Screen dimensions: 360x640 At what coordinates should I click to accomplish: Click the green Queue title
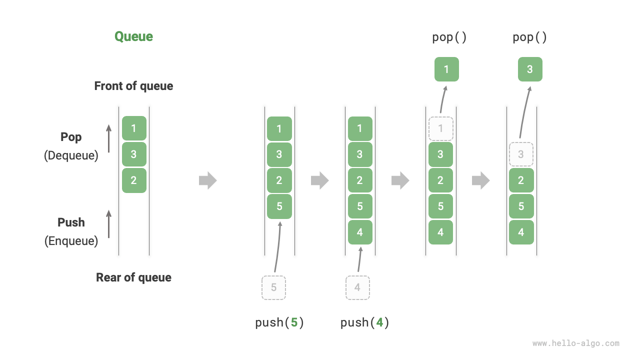pyautogui.click(x=133, y=36)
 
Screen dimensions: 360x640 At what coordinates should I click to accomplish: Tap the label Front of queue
pyautogui.click(x=133, y=86)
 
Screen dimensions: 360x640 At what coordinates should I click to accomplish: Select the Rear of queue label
pyautogui.click(x=133, y=277)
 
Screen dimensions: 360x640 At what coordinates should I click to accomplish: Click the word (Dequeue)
pyautogui.click(x=71, y=155)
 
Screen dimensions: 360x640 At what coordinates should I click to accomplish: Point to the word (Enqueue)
pyautogui.click(x=71, y=241)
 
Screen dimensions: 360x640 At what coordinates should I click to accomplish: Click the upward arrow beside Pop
pyautogui.click(x=108, y=138)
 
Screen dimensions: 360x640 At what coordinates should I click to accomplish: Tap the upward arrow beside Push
pyautogui.click(x=108, y=223)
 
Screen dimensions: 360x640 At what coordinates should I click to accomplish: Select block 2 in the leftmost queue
pyautogui.click(x=134, y=180)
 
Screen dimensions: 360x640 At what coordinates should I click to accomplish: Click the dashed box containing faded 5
pyautogui.click(x=273, y=287)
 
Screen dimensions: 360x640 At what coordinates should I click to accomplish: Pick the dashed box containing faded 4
pyautogui.click(x=357, y=287)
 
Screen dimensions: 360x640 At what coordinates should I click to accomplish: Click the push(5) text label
pyautogui.click(x=279, y=322)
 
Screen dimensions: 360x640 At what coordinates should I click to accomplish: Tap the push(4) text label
pyautogui.click(x=364, y=322)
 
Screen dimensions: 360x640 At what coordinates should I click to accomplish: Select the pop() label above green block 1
pyautogui.click(x=449, y=37)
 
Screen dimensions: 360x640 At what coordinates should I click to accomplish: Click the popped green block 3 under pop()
pyautogui.click(x=530, y=69)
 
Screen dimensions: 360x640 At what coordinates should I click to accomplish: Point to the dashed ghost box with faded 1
pyautogui.click(x=440, y=128)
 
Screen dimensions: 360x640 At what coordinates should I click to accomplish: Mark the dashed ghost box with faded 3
pyautogui.click(x=521, y=154)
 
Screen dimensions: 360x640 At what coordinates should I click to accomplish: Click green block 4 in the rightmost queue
pyautogui.click(x=521, y=232)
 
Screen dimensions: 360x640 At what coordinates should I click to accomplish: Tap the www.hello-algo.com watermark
pyautogui.click(x=575, y=343)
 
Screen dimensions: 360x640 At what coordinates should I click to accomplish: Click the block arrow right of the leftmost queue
pyautogui.click(x=207, y=180)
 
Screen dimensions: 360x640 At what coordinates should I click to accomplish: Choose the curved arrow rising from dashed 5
pyautogui.click(x=278, y=247)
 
